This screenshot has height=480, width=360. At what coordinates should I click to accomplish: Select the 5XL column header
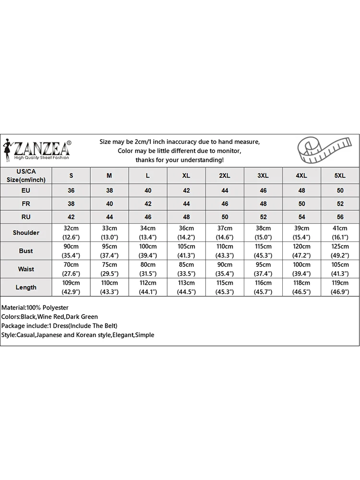(x=339, y=176)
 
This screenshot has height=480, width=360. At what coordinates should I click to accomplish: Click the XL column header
(x=186, y=176)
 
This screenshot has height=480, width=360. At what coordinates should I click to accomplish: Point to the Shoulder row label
(x=26, y=233)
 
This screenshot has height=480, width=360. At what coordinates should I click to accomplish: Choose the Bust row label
(x=26, y=251)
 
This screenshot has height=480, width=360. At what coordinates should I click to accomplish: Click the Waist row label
(x=26, y=269)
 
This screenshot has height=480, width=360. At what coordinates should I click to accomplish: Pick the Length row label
(x=26, y=288)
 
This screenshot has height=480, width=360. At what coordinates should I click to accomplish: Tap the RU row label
(x=26, y=217)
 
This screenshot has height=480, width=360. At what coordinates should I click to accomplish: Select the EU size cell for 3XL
(x=263, y=191)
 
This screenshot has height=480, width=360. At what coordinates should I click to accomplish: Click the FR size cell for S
(x=71, y=204)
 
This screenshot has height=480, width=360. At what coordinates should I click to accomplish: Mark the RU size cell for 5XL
(x=339, y=217)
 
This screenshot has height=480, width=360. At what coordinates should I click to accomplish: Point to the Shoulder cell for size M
(x=109, y=233)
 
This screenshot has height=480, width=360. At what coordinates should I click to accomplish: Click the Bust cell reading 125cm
(x=339, y=251)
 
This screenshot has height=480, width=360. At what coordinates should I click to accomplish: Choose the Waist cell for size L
(x=148, y=269)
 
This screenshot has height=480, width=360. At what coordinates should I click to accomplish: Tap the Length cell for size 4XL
(x=301, y=288)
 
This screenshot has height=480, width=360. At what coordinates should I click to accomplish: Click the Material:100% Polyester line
(x=35, y=307)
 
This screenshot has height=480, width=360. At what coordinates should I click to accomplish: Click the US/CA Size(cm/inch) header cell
(x=26, y=176)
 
